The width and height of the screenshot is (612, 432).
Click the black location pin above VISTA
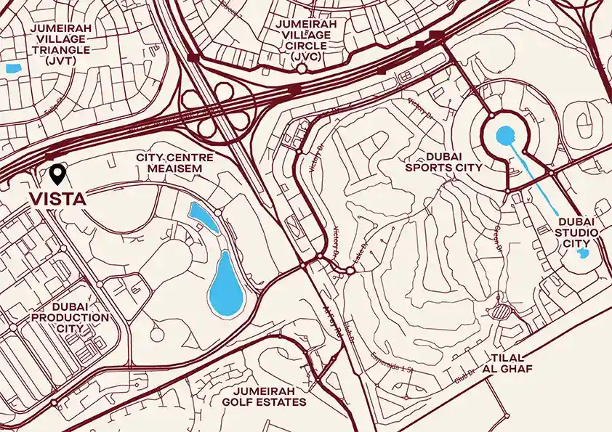[x=57, y=173]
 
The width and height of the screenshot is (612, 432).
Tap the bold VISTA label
[x=57, y=198]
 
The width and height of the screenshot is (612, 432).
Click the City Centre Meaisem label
[x=169, y=163]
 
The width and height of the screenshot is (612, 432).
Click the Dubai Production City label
[x=70, y=317]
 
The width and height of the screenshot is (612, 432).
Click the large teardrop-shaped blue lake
[x=225, y=286]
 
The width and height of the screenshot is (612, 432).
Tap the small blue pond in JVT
[x=12, y=69]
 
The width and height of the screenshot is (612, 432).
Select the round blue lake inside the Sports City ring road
[x=505, y=134]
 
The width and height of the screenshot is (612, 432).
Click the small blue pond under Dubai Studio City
[x=581, y=254]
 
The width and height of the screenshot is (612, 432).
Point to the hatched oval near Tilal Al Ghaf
[x=502, y=311]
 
